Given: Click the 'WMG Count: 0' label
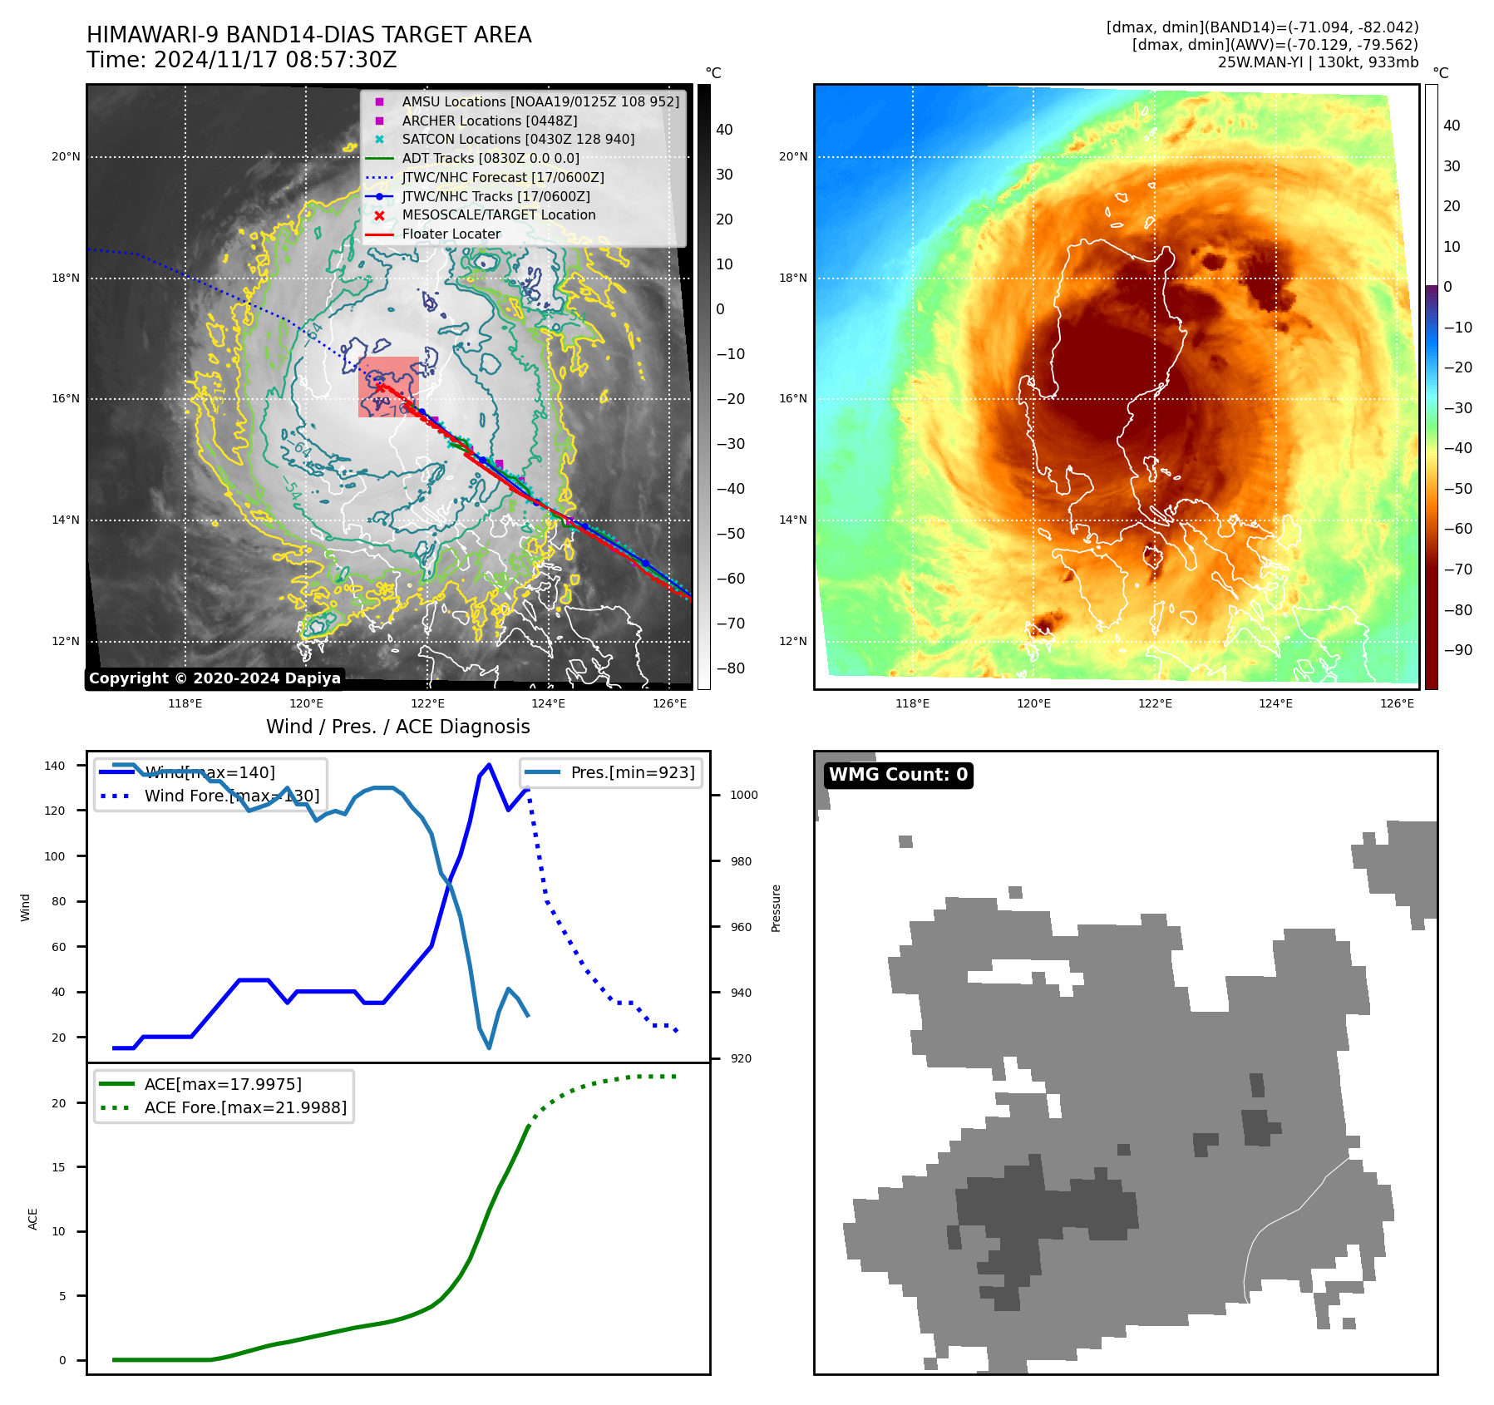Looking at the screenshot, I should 898,775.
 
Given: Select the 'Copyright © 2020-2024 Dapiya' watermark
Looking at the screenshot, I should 214,678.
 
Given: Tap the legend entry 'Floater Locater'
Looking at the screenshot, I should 451,234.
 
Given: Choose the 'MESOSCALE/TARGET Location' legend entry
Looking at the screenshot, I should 498,215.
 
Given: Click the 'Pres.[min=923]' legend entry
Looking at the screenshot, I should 632,772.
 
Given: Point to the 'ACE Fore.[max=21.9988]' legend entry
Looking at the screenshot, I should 245,1107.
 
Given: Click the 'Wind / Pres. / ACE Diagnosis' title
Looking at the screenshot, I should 397,727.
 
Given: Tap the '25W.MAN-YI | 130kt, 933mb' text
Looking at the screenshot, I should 1318,62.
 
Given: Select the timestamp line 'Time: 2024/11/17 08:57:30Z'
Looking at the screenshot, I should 241,61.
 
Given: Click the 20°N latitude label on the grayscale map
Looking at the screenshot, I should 66,156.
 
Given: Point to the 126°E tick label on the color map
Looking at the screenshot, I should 1397,703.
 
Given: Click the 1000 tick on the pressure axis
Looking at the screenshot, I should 743,795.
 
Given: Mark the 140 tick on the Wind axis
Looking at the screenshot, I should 54,766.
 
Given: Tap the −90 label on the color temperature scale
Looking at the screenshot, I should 1458,650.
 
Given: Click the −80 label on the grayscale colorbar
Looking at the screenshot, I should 731,668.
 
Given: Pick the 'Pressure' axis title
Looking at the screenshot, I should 776,908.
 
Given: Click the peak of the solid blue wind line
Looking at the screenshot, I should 489,765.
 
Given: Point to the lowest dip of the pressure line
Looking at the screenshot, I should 489,1048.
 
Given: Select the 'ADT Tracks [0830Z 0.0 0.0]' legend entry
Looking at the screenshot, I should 491,159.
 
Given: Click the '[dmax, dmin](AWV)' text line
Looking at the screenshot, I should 1275,45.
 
